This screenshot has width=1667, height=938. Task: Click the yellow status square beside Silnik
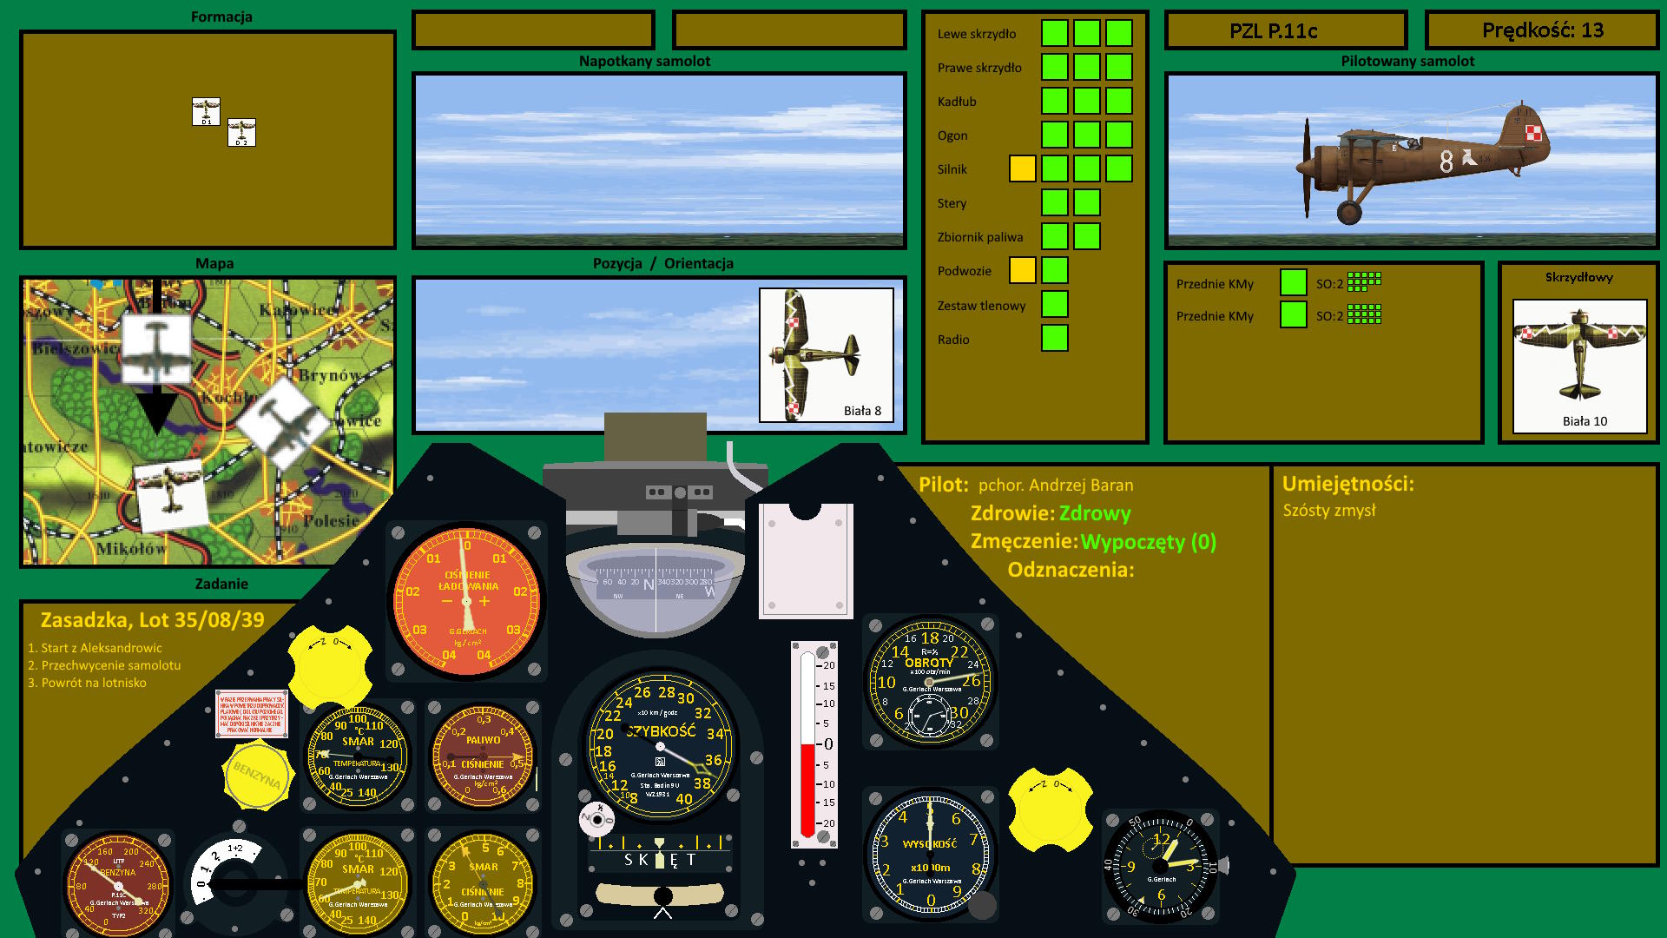coord(1022,168)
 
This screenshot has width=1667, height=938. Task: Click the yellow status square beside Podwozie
coord(1022,270)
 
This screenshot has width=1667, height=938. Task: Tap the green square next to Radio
coord(1054,338)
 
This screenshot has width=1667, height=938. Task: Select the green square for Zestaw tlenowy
coord(1054,304)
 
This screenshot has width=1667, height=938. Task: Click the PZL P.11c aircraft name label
coord(1273,31)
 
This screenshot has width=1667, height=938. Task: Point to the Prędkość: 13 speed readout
coord(1542,30)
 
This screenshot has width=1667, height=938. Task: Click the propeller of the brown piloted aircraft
coord(1307,168)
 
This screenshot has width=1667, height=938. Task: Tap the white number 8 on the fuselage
coord(1446,162)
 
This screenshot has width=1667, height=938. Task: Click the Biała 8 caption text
coord(862,411)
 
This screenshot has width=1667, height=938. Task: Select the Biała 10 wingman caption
coord(1585,421)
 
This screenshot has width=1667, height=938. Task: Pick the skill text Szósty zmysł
coord(1329,511)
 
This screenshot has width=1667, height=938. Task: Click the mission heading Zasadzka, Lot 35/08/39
coord(153,620)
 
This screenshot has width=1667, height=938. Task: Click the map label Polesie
coord(331,521)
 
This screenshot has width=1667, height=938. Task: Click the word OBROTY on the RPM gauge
coord(929,663)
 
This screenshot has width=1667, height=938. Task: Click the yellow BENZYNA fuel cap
coord(257,773)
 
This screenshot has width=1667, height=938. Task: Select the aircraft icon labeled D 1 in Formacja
coord(206,111)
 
